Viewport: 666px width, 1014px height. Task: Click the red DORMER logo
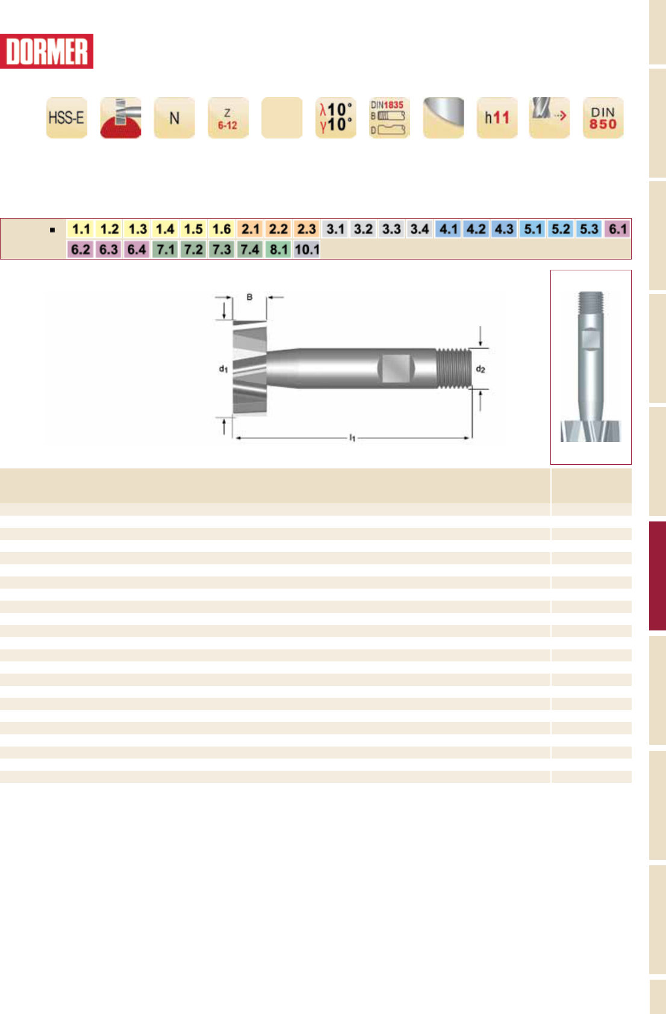click(46, 51)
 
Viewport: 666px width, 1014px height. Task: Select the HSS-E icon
click(67, 117)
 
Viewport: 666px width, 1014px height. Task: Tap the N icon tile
click(174, 117)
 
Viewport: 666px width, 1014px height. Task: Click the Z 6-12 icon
click(228, 117)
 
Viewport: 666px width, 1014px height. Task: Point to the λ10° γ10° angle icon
click(335, 117)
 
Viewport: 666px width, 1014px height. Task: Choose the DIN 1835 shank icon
click(389, 117)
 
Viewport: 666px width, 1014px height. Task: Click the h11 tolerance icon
click(497, 117)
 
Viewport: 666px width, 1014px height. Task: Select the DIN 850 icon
click(603, 117)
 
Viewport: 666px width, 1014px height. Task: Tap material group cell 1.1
click(81, 229)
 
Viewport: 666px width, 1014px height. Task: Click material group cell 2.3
click(307, 229)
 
